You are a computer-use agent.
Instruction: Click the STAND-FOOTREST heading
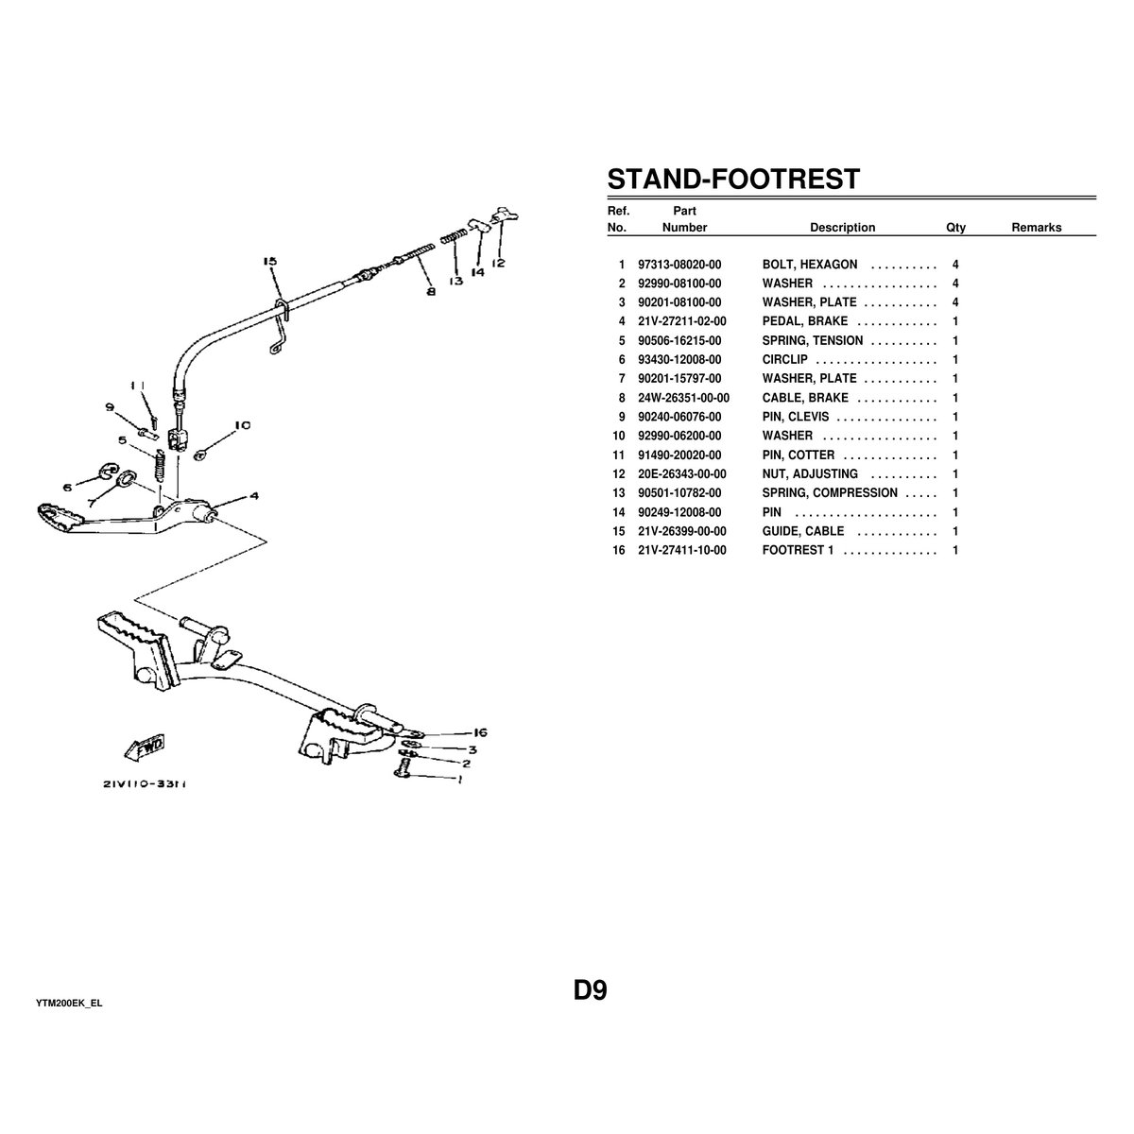point(732,179)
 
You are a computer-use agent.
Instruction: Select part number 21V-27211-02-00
point(682,321)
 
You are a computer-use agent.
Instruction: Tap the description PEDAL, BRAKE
point(805,321)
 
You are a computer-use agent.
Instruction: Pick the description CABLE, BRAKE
point(805,398)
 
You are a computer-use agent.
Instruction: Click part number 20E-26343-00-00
point(682,473)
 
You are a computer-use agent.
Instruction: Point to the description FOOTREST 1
point(798,550)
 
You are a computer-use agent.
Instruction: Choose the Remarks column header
point(1036,228)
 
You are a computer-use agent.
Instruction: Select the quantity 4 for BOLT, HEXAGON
point(955,265)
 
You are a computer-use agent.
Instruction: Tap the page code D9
point(590,990)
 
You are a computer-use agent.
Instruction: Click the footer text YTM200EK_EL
point(69,1003)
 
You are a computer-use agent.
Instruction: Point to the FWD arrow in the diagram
point(144,747)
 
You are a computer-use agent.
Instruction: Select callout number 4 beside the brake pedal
point(254,495)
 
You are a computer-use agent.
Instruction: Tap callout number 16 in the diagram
point(479,732)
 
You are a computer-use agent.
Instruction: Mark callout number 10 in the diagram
point(242,425)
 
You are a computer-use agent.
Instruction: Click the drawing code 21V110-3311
point(144,783)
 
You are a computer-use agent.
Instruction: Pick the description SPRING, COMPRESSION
point(830,492)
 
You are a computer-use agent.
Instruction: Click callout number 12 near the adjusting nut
point(499,263)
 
